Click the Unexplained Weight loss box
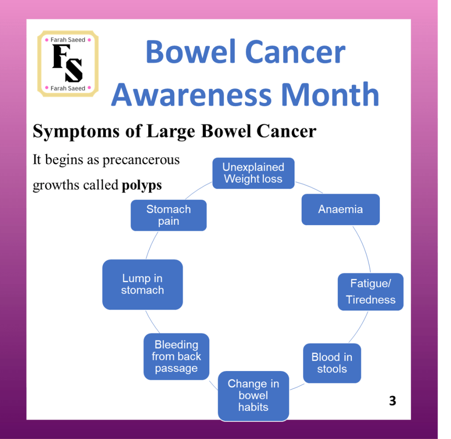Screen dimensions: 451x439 (x=253, y=173)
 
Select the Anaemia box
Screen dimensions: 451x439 (x=340, y=209)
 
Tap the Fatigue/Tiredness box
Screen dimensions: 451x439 (x=370, y=292)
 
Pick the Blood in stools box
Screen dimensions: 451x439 (x=332, y=363)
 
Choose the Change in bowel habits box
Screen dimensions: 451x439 (x=253, y=396)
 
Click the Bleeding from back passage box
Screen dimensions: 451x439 (x=176, y=356)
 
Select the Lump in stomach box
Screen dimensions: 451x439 (x=142, y=284)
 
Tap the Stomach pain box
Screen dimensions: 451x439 (x=168, y=215)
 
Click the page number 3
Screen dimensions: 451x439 (x=393, y=401)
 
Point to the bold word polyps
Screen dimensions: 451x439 (x=142, y=185)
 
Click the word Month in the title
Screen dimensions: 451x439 (x=330, y=95)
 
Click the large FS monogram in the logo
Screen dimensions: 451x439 (x=67, y=63)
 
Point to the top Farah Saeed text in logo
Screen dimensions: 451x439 (x=68, y=40)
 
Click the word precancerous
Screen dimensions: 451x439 (x=141, y=160)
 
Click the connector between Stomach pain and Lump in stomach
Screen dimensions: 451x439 (x=151, y=245)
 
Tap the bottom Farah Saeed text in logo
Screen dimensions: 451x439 (x=68, y=88)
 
